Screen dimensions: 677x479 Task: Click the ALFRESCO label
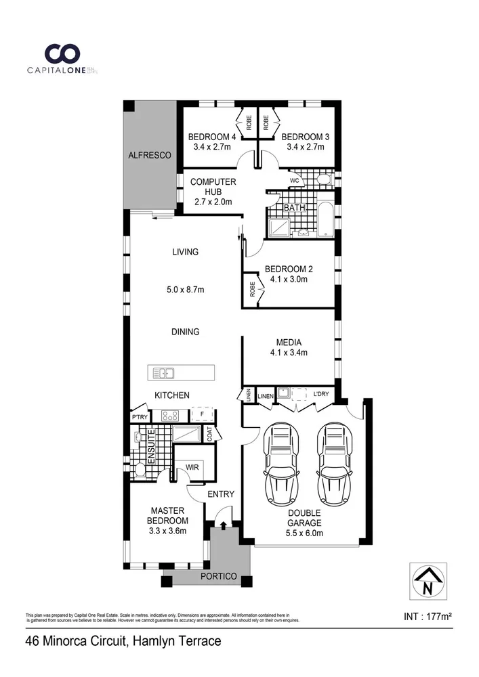[x=150, y=156]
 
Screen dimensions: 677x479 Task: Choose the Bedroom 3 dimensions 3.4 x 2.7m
[x=308, y=147]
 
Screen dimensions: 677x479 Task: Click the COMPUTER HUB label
[x=213, y=187]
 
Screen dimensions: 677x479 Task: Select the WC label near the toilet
[x=295, y=181]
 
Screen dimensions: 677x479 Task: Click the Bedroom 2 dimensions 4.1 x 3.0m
[x=289, y=279]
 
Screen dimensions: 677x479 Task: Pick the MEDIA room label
[x=289, y=342]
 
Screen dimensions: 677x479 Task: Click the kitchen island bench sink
[x=163, y=372]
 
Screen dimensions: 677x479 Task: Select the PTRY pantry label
[x=140, y=416]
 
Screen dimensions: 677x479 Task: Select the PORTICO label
[x=218, y=577]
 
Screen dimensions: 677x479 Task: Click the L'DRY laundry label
[x=320, y=395]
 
